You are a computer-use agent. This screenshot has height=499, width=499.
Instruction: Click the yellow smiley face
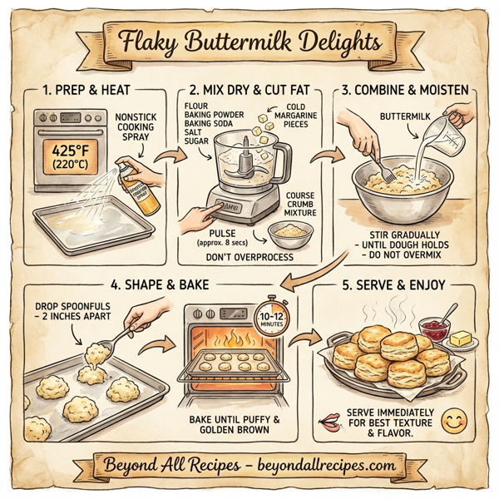[452, 422]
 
